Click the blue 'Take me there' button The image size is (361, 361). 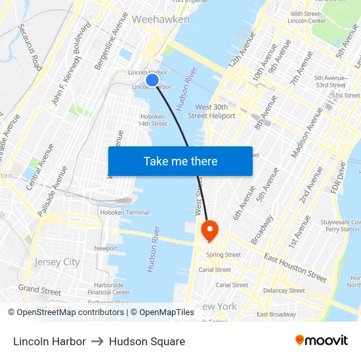(180, 161)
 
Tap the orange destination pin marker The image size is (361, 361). (210, 230)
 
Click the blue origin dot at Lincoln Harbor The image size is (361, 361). (152, 80)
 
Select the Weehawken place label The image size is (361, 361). (161, 20)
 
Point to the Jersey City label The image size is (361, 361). (57, 262)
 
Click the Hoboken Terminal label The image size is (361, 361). (124, 213)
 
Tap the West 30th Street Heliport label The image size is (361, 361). (215, 111)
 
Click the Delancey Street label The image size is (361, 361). (284, 290)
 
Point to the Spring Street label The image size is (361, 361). (223, 255)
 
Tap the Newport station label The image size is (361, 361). (106, 249)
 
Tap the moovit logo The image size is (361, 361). (322, 341)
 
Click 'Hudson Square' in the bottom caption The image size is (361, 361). (147, 341)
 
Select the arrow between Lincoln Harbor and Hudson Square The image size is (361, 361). (97, 341)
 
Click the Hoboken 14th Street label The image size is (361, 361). (153, 119)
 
